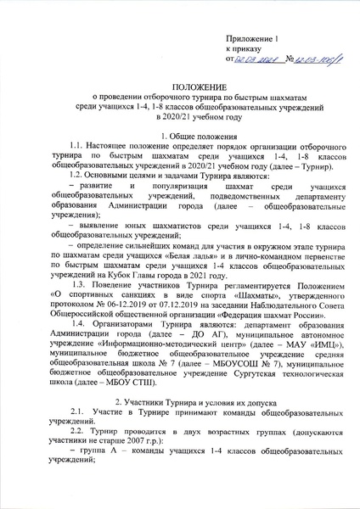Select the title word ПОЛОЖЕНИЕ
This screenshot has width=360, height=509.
coord(179,87)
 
